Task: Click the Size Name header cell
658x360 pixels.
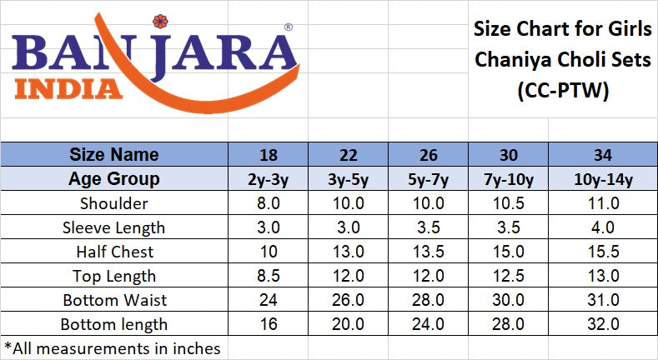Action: (x=114, y=155)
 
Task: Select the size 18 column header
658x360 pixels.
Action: (x=269, y=155)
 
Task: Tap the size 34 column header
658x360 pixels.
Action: (x=603, y=155)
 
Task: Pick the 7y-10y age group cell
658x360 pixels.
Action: (x=508, y=179)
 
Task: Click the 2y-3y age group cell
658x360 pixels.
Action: (x=269, y=179)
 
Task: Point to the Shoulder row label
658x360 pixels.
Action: (x=114, y=203)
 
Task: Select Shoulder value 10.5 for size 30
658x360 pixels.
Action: (x=508, y=203)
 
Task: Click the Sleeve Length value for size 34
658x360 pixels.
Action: (x=603, y=227)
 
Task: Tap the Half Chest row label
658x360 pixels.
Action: (x=114, y=252)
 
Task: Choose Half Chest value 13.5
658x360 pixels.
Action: (x=429, y=252)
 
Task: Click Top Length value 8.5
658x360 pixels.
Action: (x=269, y=276)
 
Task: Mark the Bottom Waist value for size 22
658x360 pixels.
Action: (x=349, y=300)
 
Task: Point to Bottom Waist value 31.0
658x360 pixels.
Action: (x=603, y=300)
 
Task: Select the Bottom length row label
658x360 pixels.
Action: (x=114, y=325)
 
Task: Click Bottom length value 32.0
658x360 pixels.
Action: (x=603, y=324)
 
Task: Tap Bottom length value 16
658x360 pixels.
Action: (x=269, y=324)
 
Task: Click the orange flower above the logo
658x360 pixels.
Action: (x=160, y=22)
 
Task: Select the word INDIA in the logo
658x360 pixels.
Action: (x=68, y=89)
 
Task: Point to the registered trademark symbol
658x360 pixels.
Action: (x=289, y=27)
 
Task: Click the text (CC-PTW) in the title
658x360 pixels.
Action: (x=563, y=90)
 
